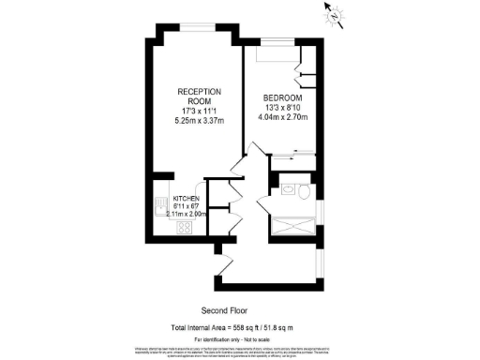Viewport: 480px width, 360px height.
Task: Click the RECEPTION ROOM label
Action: point(198,97)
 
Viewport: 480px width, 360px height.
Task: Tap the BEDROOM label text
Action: point(281,97)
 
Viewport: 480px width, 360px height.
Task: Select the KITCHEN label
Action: point(185,198)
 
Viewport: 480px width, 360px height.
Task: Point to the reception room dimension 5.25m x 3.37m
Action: point(198,121)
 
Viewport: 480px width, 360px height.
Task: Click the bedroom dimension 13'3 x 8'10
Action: point(281,109)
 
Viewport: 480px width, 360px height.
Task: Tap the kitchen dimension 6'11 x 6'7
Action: point(185,206)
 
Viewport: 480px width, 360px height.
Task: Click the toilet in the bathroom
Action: point(303,191)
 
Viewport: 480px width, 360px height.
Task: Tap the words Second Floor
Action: point(223,310)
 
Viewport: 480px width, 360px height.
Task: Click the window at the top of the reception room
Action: point(198,25)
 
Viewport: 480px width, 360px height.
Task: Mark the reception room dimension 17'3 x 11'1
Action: point(198,110)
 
